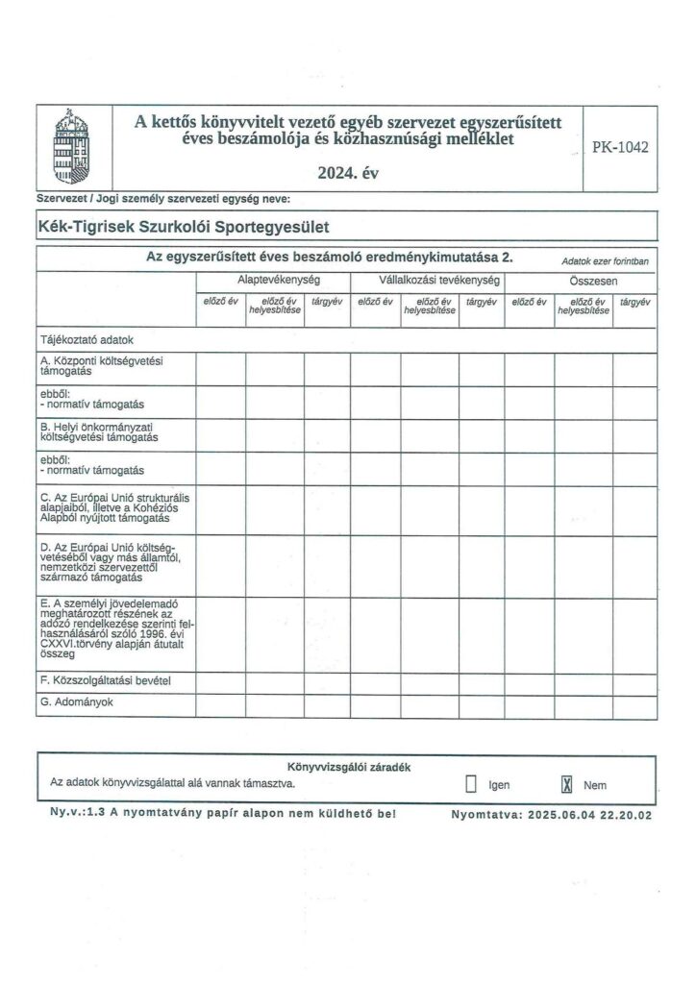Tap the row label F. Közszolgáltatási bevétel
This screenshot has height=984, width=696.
[106, 680]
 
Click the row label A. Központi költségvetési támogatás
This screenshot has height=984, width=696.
[104, 365]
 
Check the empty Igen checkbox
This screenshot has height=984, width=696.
[471, 784]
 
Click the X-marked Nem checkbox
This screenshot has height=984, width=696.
[566, 784]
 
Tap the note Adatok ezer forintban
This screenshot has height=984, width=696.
[604, 261]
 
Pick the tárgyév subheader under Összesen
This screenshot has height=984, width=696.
[634, 302]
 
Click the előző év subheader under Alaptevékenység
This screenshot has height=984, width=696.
[220, 302]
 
